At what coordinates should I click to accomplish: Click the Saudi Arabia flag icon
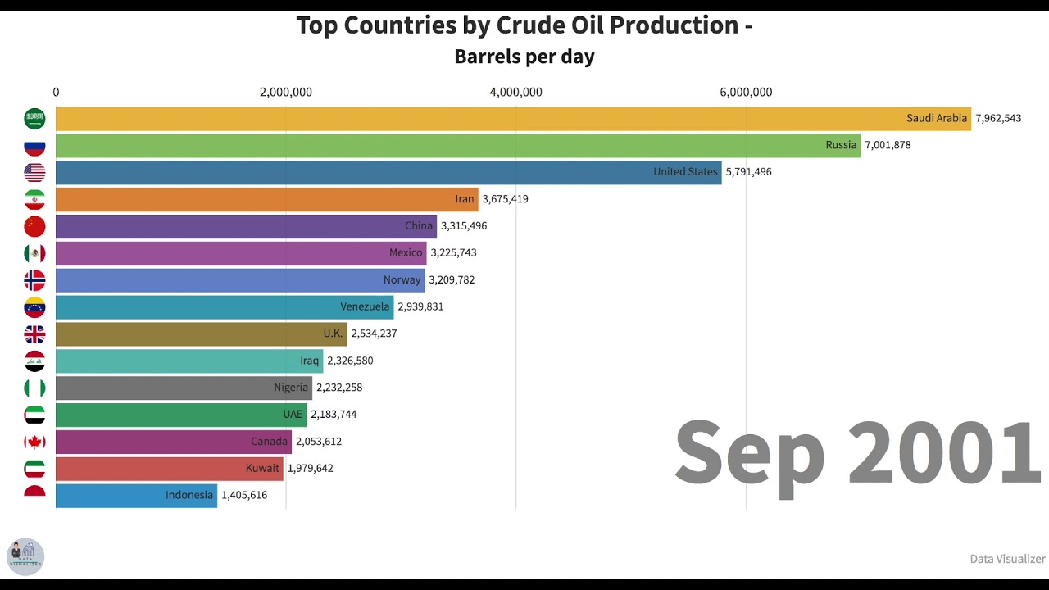tap(34, 119)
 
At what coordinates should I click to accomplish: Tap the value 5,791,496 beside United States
tap(748, 172)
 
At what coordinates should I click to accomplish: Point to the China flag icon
tap(34, 226)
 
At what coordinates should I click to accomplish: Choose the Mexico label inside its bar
tap(406, 253)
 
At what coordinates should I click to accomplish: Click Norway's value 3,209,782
tap(452, 280)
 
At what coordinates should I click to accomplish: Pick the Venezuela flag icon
tap(34, 307)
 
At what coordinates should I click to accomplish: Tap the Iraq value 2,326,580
tap(350, 361)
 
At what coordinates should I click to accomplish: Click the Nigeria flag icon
tap(34, 388)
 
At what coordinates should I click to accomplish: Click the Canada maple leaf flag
tap(34, 442)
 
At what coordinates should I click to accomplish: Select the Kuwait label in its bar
tap(262, 469)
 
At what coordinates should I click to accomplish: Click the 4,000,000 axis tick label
tap(515, 93)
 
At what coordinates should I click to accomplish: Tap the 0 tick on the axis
tap(56, 93)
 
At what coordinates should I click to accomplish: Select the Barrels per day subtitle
tap(524, 57)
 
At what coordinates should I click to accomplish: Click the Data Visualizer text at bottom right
tap(1007, 559)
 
